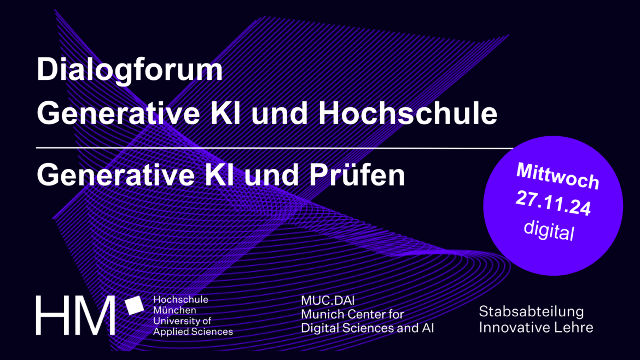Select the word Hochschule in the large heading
coord(408,113)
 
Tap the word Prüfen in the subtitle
coord(357,175)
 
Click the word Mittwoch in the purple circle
coord(557,176)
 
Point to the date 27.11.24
coord(554,204)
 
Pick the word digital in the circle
coord(549,230)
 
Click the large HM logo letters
coord(75,316)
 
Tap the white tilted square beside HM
coord(134,306)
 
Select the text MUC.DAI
coord(328,301)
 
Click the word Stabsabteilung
coord(532,311)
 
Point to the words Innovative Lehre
coord(536,327)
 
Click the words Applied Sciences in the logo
coord(193,332)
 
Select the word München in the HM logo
coord(174,310)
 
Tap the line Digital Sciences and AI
coord(368,328)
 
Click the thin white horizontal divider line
coord(275,148)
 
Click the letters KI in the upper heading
coord(225,113)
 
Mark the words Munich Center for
coord(352,314)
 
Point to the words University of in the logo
coord(182,321)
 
